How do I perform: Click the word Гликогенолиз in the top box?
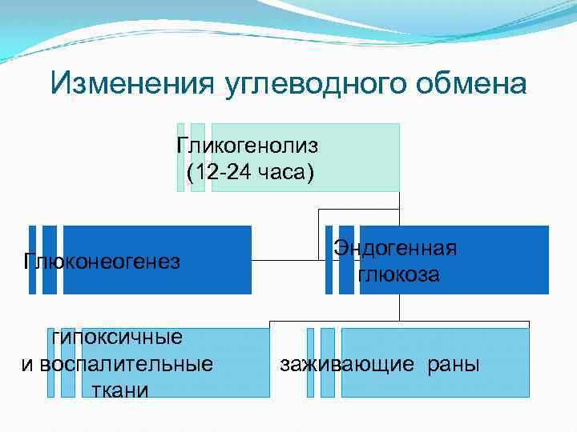[248, 146]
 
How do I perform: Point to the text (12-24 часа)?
[250, 173]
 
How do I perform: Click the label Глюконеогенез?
[102, 262]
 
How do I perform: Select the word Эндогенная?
[396, 248]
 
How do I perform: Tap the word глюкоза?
[398, 274]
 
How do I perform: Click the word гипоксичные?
[117, 337]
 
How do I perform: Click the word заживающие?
[347, 364]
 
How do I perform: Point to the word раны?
[454, 364]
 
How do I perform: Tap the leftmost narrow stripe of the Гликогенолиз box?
[180, 158]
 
